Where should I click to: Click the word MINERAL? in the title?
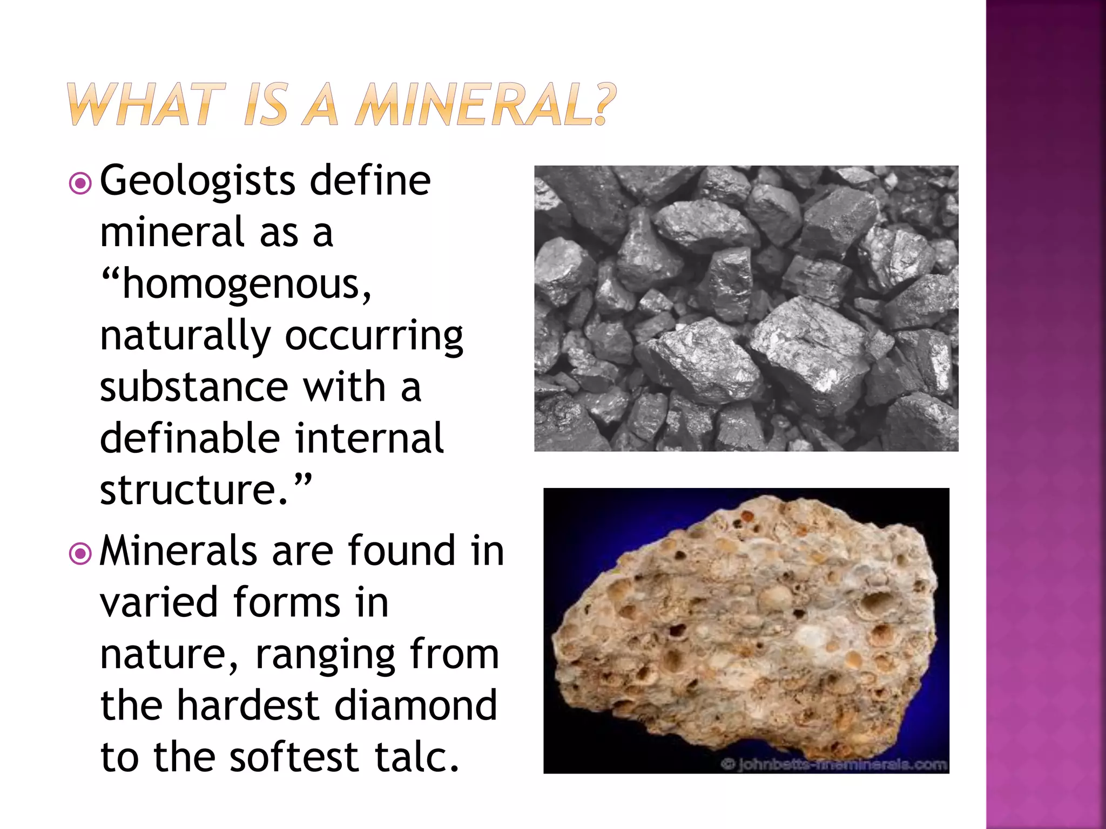pyautogui.click(x=486, y=104)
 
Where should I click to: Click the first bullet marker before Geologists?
pyautogui.click(x=80, y=184)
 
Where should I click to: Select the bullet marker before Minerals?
pyautogui.click(x=80, y=554)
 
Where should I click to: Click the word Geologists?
pyautogui.click(x=198, y=182)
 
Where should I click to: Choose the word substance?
pyautogui.click(x=194, y=387)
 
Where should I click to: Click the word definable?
pyautogui.click(x=190, y=438)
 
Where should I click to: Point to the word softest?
pyautogui.click(x=294, y=757)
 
